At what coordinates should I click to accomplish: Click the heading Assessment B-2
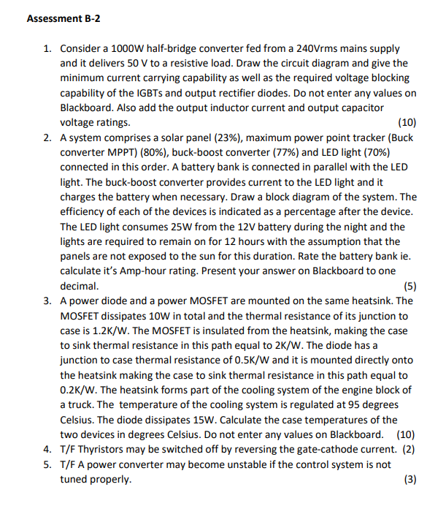63,18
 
